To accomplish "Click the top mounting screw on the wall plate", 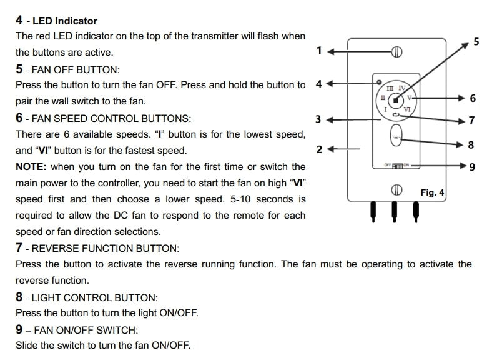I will tap(396, 51).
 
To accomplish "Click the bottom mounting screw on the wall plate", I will tap(396, 190).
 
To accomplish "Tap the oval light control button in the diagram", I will tap(396, 136).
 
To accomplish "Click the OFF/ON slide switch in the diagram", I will tap(396, 165).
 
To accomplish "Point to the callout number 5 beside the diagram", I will tap(476, 42).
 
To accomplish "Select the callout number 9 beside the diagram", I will tap(472, 167).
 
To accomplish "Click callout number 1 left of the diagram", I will tap(319, 51).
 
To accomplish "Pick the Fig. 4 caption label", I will tap(431, 193).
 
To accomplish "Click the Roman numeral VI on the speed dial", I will tap(407, 109).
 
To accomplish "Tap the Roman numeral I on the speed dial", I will tap(385, 109).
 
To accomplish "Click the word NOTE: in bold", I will tap(31, 167).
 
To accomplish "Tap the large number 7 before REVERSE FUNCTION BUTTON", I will tap(19, 248).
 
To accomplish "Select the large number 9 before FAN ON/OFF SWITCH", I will tap(19, 329).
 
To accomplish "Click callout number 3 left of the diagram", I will tap(318, 119).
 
